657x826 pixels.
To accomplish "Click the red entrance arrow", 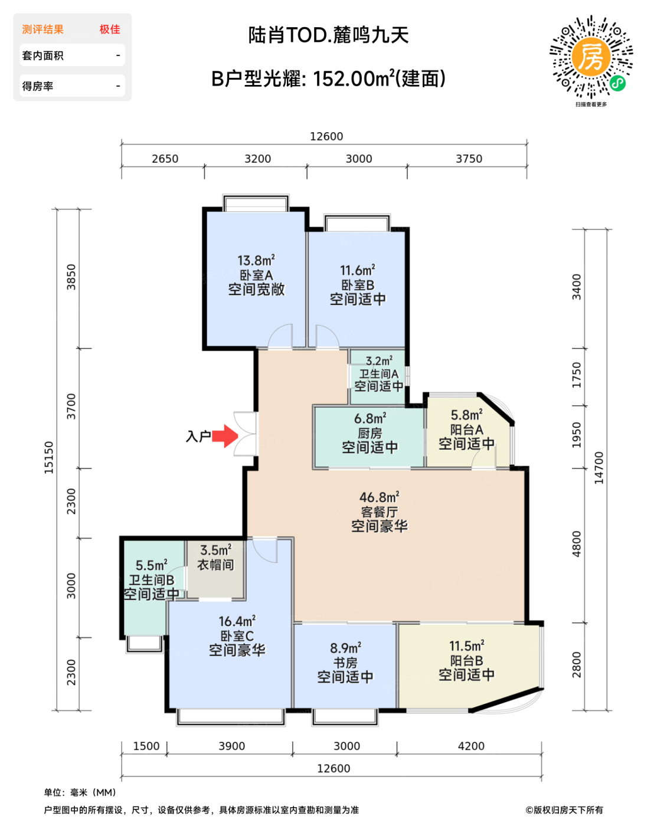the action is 225,436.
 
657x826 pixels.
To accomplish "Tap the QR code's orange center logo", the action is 590,57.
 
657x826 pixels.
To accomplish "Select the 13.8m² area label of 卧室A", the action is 256,261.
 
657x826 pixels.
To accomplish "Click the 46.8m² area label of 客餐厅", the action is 379,497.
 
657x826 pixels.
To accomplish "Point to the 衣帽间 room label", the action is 215,565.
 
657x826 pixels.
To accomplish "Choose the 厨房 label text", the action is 370,433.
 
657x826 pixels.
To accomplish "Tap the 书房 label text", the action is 345,663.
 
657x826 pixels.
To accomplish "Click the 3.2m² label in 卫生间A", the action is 379,361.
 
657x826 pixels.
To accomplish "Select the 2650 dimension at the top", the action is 165,159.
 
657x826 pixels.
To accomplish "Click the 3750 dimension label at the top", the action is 469,159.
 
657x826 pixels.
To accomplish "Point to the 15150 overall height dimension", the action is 49,457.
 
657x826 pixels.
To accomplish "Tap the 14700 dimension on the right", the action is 599,468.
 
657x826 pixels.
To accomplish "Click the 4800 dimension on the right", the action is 577,544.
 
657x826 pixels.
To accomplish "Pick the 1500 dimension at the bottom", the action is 146,746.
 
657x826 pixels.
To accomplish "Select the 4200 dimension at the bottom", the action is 471,746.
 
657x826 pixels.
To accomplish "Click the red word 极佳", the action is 110,29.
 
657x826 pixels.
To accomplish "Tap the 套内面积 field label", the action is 43,55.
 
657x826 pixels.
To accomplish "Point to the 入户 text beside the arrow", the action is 198,437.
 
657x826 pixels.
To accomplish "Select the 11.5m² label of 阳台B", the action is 466,646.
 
